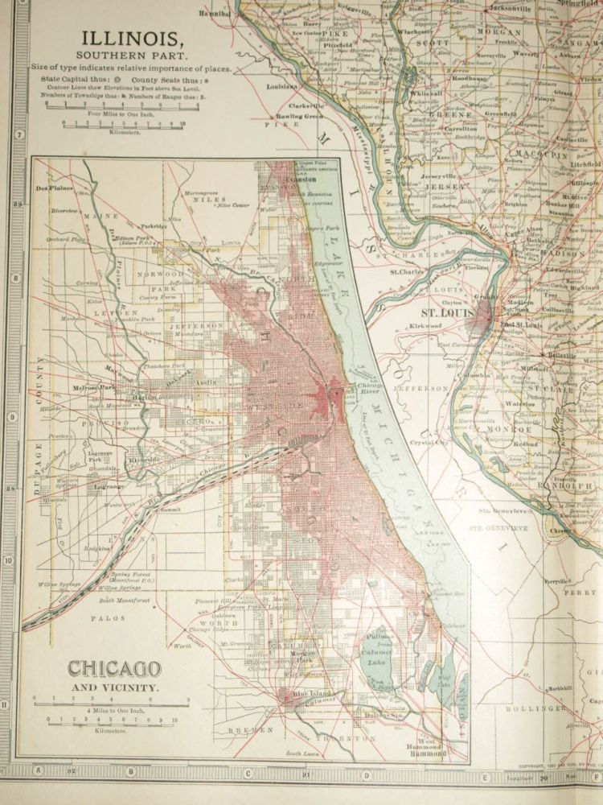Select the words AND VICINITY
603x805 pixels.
tap(114, 688)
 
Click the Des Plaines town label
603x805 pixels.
tap(55, 188)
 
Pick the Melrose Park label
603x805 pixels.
tap(91, 387)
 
